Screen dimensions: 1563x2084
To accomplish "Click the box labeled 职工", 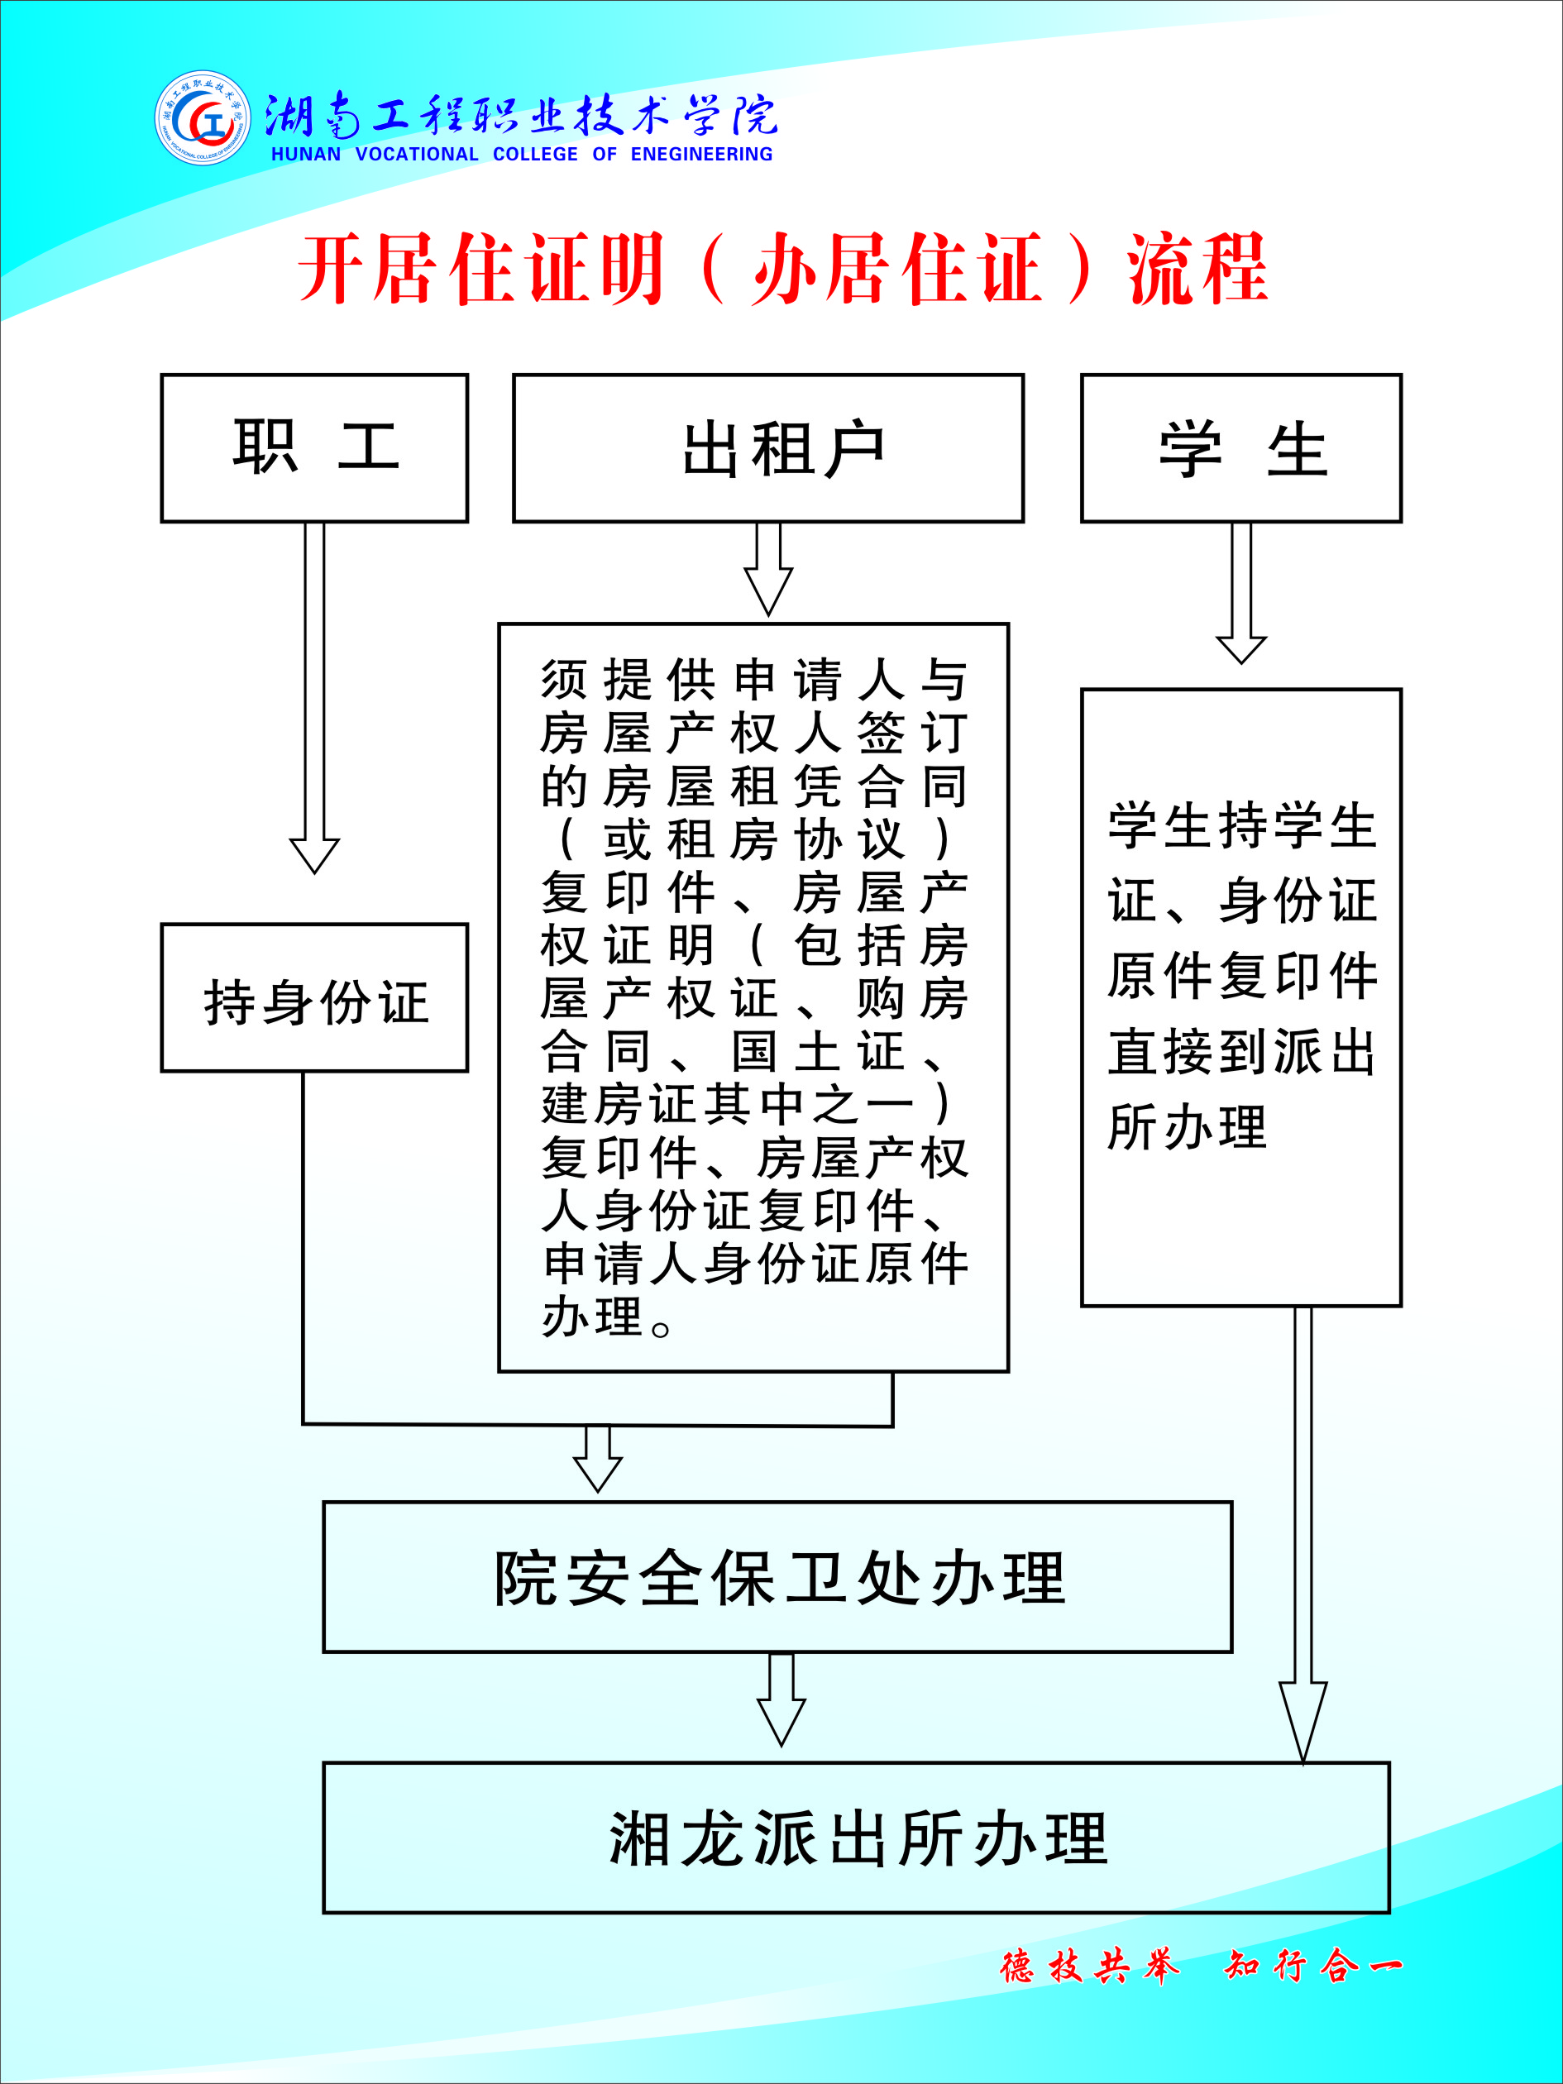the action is click(x=315, y=448).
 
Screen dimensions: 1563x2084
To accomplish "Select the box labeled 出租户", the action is click(x=767, y=448).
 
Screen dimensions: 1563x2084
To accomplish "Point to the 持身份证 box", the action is click(x=315, y=997).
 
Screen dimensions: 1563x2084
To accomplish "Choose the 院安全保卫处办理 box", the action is click(x=777, y=1576).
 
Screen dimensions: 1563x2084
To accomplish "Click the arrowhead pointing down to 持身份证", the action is click(x=315, y=855).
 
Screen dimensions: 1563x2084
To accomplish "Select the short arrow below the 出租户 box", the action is click(x=767, y=569).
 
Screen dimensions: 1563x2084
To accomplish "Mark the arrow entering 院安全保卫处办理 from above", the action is click(x=597, y=1460).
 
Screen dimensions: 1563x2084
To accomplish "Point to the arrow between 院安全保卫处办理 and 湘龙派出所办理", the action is click(x=781, y=1699).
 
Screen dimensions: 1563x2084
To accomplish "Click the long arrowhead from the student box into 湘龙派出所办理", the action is click(x=1303, y=1723).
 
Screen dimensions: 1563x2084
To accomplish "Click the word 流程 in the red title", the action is click(x=1197, y=270).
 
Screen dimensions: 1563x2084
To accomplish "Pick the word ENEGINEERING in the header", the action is click(x=702, y=154).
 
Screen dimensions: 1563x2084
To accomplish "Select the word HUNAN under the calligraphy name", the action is click(x=306, y=154).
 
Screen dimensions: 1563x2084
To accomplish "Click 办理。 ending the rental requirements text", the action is click(x=607, y=1317).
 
